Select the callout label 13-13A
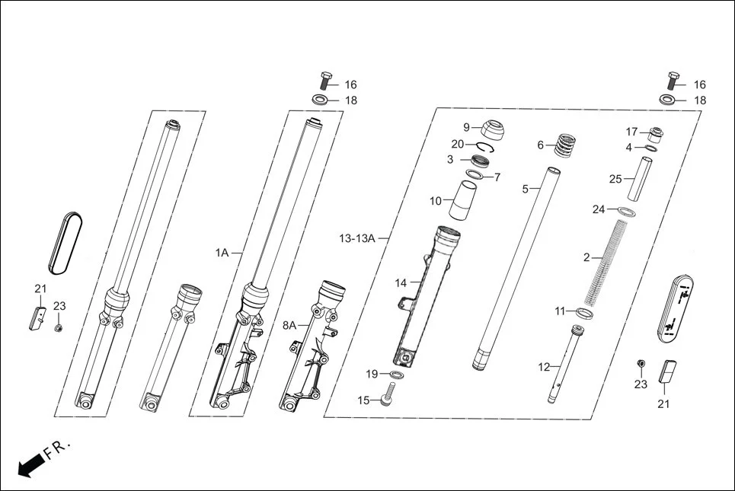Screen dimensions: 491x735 (357, 238)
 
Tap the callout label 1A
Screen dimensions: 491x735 (222, 252)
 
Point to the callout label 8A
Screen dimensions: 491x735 (289, 325)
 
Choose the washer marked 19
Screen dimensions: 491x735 (396, 375)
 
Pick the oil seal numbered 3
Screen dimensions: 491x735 (481, 161)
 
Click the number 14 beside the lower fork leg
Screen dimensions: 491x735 (401, 283)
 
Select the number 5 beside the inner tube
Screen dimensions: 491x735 (525, 189)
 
